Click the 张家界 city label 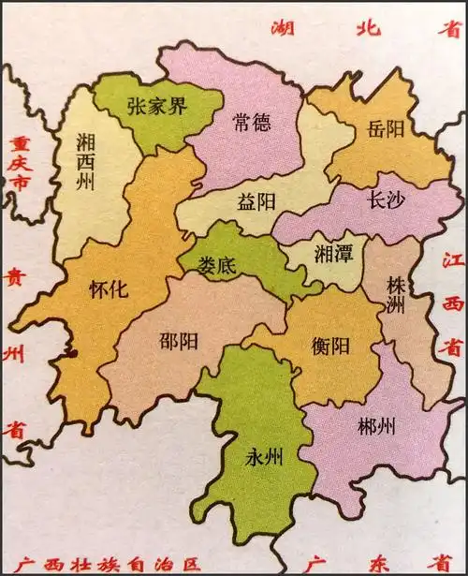click(x=157, y=105)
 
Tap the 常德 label click(x=253, y=122)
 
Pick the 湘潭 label click(x=331, y=254)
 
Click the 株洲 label click(x=397, y=294)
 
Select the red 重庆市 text click(x=16, y=164)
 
